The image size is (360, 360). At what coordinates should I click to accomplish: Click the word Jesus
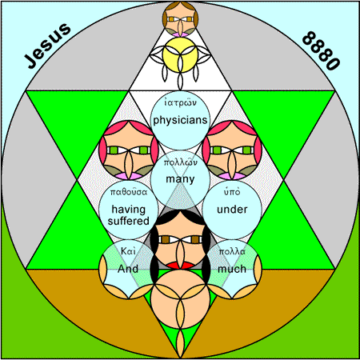[47, 46]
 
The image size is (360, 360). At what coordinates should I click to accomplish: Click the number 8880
[321, 50]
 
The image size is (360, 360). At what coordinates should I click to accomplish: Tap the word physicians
[180, 121]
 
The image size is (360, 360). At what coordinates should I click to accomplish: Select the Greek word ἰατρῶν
[180, 102]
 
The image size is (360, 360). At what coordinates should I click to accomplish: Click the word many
[180, 179]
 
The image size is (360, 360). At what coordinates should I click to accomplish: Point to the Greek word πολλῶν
[180, 162]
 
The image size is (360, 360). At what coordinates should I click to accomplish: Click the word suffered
[129, 221]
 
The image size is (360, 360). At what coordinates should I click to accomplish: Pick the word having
[129, 210]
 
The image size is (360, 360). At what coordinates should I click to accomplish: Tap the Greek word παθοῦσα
[129, 192]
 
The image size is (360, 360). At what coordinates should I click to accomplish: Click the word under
[232, 210]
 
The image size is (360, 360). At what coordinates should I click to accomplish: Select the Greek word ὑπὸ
[232, 192]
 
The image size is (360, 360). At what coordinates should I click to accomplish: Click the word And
[128, 269]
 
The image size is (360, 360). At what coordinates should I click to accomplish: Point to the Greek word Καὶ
[128, 251]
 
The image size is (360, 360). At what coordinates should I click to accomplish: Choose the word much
[232, 269]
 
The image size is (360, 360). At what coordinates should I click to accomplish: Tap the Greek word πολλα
[232, 252]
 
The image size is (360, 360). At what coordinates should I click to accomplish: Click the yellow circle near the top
[181, 54]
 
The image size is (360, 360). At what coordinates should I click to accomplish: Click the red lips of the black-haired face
[180, 265]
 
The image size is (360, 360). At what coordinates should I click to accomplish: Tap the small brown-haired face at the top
[181, 19]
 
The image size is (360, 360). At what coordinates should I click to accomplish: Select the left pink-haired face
[129, 150]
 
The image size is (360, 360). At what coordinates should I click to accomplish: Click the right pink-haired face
[232, 150]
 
